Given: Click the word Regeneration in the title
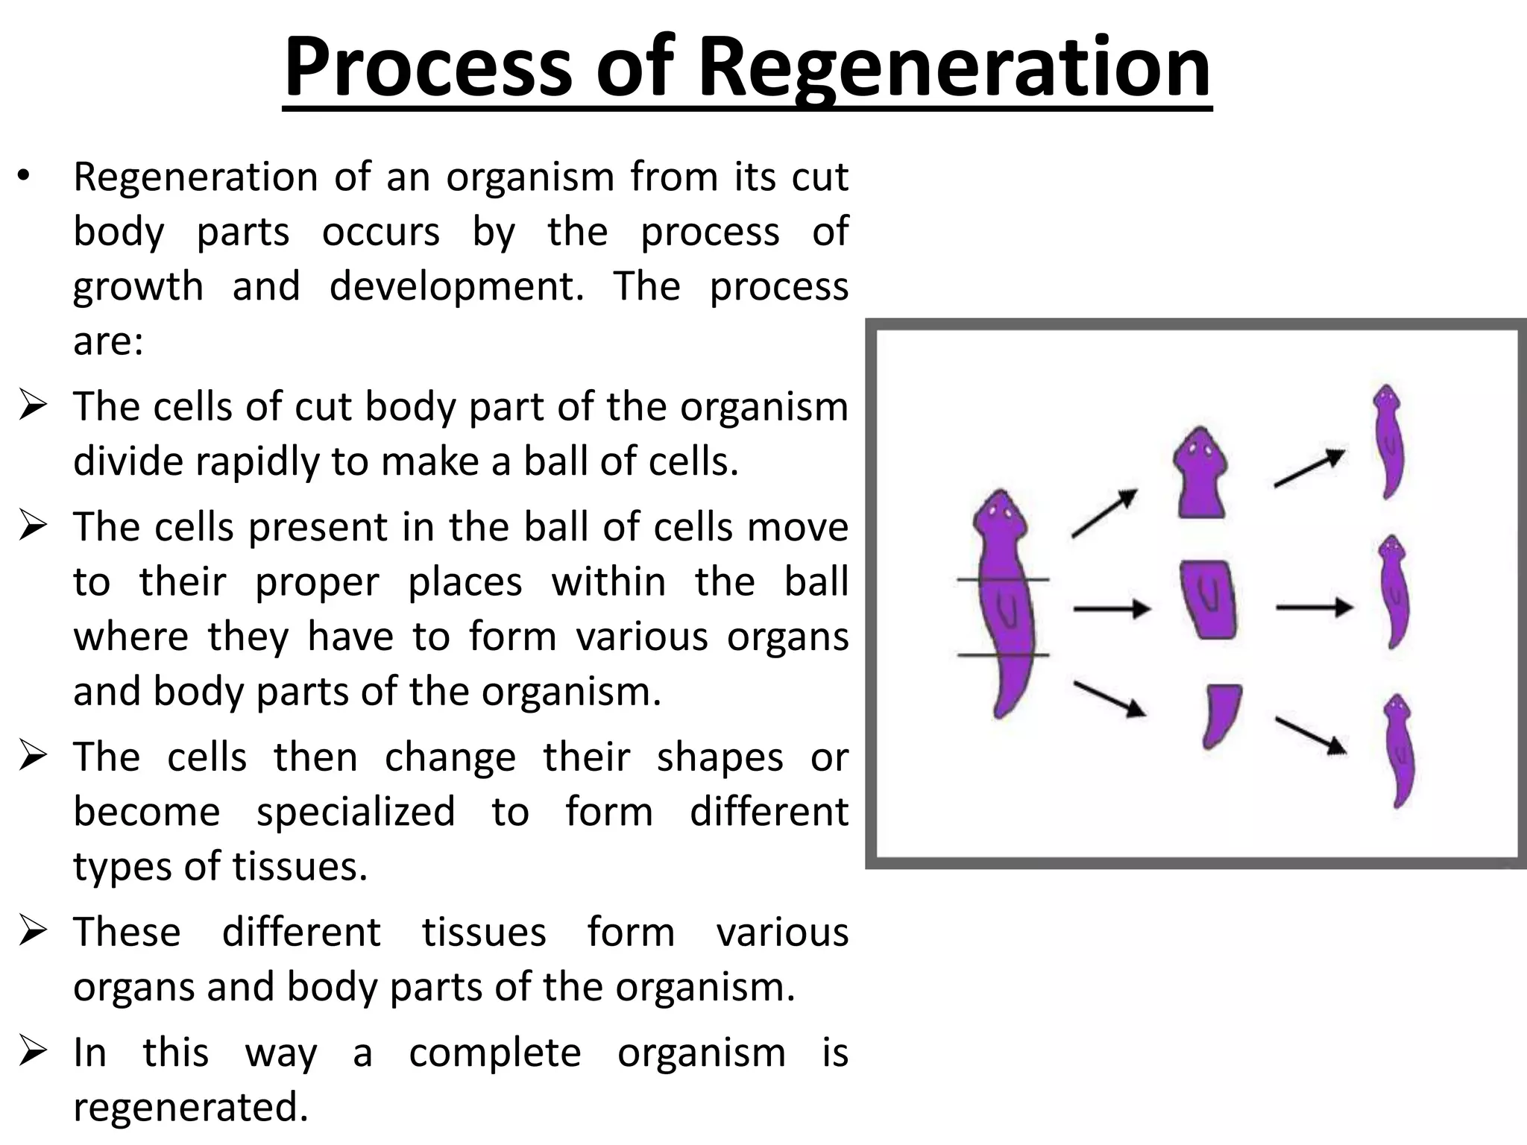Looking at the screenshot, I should (954, 69).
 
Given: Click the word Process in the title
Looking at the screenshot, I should (426, 69).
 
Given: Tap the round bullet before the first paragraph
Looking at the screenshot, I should (24, 177).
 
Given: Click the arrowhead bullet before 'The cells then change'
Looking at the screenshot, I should (34, 756).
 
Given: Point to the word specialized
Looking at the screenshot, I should (355, 812).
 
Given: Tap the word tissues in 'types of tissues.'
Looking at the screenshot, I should (300, 866).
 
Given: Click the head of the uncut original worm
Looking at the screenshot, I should (1000, 514).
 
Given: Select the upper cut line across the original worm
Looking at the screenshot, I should (1003, 579).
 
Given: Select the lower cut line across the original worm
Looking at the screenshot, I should (1003, 655).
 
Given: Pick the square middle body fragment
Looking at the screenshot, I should (1208, 599).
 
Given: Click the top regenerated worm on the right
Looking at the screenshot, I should (1388, 441).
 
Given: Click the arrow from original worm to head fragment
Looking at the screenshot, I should (1104, 514).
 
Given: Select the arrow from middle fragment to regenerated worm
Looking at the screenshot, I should (1314, 608).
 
